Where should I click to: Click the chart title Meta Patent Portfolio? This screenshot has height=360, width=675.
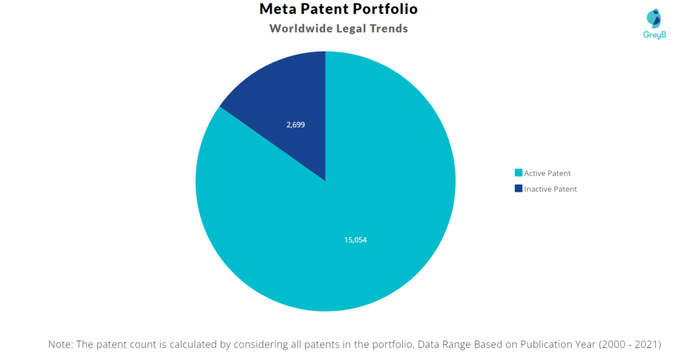(x=338, y=10)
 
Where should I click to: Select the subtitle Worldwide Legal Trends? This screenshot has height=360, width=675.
(x=338, y=28)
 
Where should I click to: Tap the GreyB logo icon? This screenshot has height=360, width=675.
(x=654, y=18)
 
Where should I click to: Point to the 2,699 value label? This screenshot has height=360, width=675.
(x=295, y=124)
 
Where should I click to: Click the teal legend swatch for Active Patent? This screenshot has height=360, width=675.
(x=518, y=173)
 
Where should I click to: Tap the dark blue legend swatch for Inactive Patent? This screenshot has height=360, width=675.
(x=518, y=189)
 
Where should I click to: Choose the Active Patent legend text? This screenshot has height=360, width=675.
(x=547, y=173)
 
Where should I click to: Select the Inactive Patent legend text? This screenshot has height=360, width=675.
(x=550, y=189)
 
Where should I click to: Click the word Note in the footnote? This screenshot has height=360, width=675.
(x=61, y=345)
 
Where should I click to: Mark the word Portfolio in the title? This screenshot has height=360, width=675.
(x=386, y=10)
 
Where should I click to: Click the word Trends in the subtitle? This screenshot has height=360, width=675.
(x=388, y=28)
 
